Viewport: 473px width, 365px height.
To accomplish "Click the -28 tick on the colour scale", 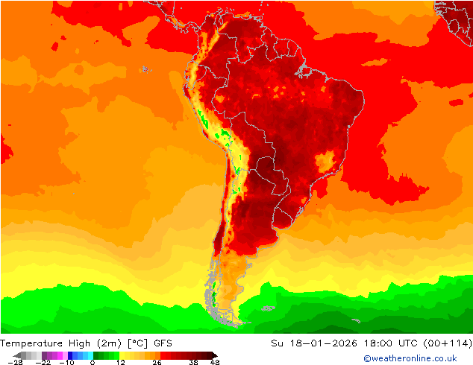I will coord(15,362).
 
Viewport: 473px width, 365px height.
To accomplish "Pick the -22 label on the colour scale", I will coord(44,362).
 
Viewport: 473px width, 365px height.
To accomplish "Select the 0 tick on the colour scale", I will coord(93,362).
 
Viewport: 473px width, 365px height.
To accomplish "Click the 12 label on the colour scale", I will coord(119,362).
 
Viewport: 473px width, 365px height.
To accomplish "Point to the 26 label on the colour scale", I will coord(157,362).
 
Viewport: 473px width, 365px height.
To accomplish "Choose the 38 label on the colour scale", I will coord(193,362).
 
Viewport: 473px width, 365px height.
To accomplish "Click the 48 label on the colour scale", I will coord(215,362).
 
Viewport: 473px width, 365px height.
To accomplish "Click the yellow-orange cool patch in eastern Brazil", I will coord(325,162).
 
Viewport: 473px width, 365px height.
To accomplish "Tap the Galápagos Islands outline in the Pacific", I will coord(145,69).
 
